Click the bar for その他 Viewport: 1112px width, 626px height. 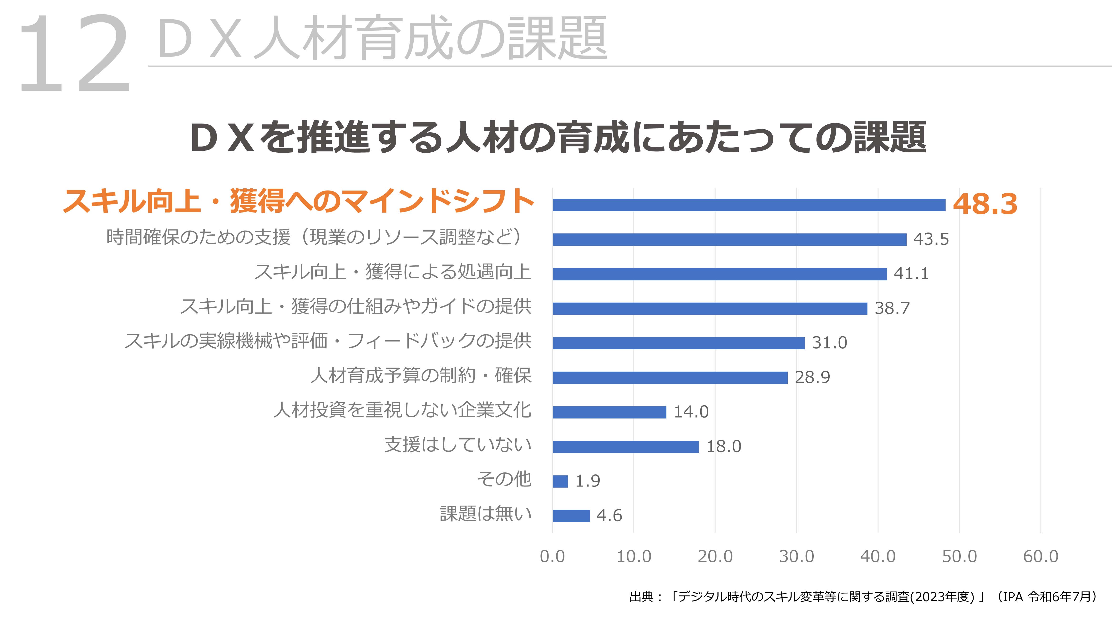coord(560,481)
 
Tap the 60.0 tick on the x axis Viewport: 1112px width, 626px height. coord(1040,556)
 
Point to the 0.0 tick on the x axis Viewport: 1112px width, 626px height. coord(552,556)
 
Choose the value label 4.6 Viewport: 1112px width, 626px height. coord(609,515)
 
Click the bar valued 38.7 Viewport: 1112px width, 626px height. coord(710,308)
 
